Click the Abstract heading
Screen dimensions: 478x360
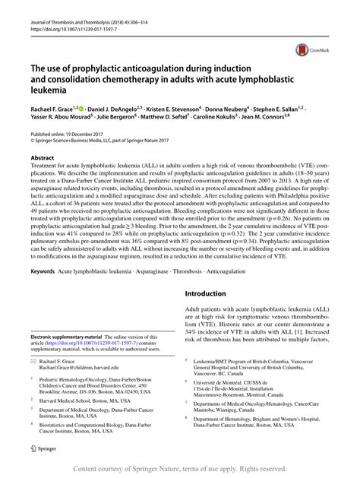[43, 152]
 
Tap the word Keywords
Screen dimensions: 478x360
[43, 249]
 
